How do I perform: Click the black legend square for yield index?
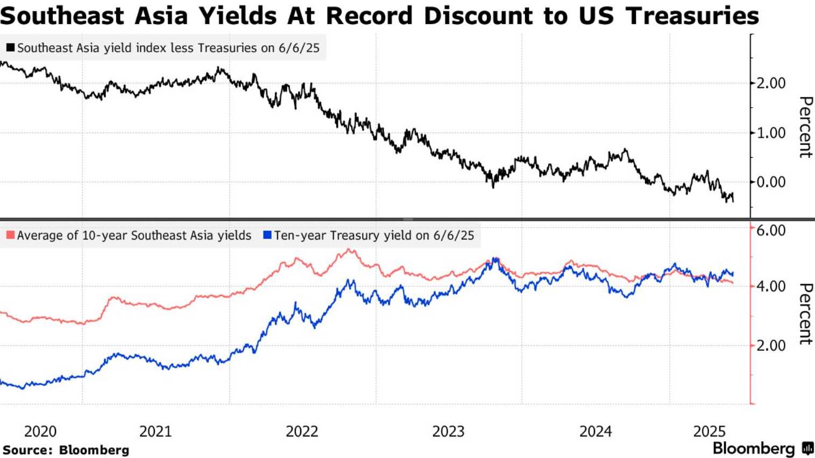(x=10, y=47)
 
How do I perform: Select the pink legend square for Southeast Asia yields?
(x=10, y=235)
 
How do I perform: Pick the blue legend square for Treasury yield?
(x=267, y=235)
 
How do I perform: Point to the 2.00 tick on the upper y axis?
(x=771, y=83)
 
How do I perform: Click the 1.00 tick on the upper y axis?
(x=771, y=132)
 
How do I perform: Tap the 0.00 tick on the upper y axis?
(x=771, y=182)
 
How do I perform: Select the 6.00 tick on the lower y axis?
(x=771, y=230)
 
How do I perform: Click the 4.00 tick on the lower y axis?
(x=771, y=286)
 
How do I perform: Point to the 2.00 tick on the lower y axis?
(x=771, y=345)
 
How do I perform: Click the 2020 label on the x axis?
(x=40, y=431)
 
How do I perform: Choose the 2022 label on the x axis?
(x=302, y=431)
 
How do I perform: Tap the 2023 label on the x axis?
(x=448, y=431)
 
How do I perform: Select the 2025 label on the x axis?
(x=710, y=431)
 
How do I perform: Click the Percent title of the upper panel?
(x=805, y=127)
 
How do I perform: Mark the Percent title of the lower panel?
(x=805, y=314)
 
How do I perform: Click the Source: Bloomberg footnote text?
(x=66, y=450)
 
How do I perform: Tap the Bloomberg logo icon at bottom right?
(x=807, y=448)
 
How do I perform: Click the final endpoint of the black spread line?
(x=733, y=201)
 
